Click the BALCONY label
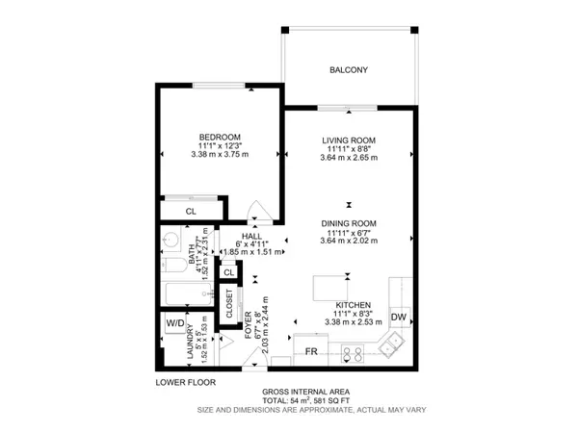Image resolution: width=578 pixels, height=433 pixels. click(x=349, y=70)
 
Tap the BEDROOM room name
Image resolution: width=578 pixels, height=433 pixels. click(x=220, y=137)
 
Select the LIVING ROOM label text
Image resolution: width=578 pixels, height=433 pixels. click(x=348, y=141)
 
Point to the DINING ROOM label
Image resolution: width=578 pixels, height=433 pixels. click(x=350, y=223)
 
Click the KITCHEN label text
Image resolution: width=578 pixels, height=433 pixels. click(x=347, y=304)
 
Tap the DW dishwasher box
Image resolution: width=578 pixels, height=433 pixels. click(x=398, y=318)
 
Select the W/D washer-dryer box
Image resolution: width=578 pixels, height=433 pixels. click(x=176, y=323)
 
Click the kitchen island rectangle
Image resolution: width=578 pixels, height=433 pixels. click(x=331, y=287)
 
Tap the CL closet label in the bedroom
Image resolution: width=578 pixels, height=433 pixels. click(x=191, y=211)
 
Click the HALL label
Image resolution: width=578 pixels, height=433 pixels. click(x=251, y=234)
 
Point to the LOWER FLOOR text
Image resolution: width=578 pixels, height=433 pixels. click(x=186, y=382)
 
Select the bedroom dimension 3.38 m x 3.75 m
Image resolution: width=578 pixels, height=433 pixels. click(x=220, y=154)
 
